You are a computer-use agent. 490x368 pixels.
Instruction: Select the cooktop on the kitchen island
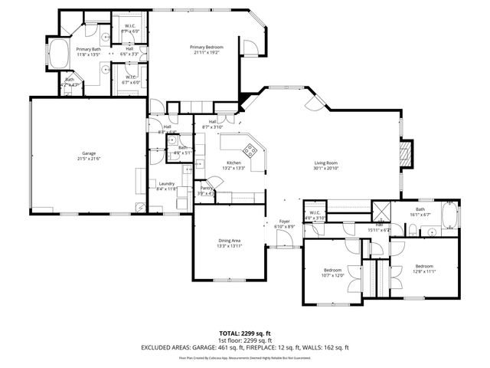[x=250, y=149]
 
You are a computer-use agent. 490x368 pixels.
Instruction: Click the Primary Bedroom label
[x=205, y=47]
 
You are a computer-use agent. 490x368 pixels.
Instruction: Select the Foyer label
[x=285, y=222]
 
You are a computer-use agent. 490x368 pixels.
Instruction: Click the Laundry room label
[x=167, y=183]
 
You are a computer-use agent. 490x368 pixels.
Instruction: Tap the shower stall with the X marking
[x=381, y=211]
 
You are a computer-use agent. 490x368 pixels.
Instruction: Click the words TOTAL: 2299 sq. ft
[x=245, y=334]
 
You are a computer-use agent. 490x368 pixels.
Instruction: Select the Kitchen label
[x=234, y=163]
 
